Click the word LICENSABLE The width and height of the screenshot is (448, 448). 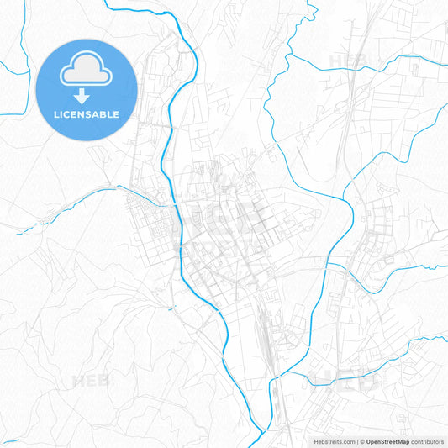point(86,114)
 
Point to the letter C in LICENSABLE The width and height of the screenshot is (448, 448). point(67,114)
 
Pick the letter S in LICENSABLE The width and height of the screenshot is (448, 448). point(88,114)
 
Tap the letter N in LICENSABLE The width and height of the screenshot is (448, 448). point(82,114)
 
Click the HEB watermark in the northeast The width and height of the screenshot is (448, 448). point(350,60)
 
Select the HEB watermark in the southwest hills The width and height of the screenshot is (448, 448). point(90,380)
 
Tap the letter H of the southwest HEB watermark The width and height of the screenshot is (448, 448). point(77,380)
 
